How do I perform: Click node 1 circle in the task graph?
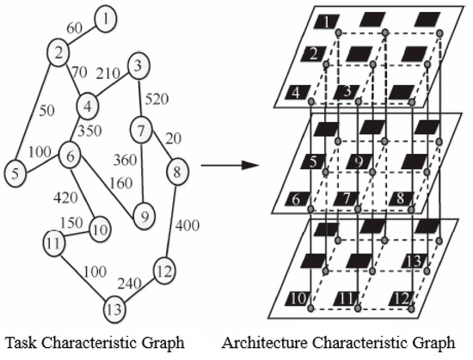(x=105, y=18)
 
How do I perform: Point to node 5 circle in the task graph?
(x=15, y=174)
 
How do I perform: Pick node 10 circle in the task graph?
(x=100, y=229)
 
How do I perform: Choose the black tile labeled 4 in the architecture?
(x=298, y=92)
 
